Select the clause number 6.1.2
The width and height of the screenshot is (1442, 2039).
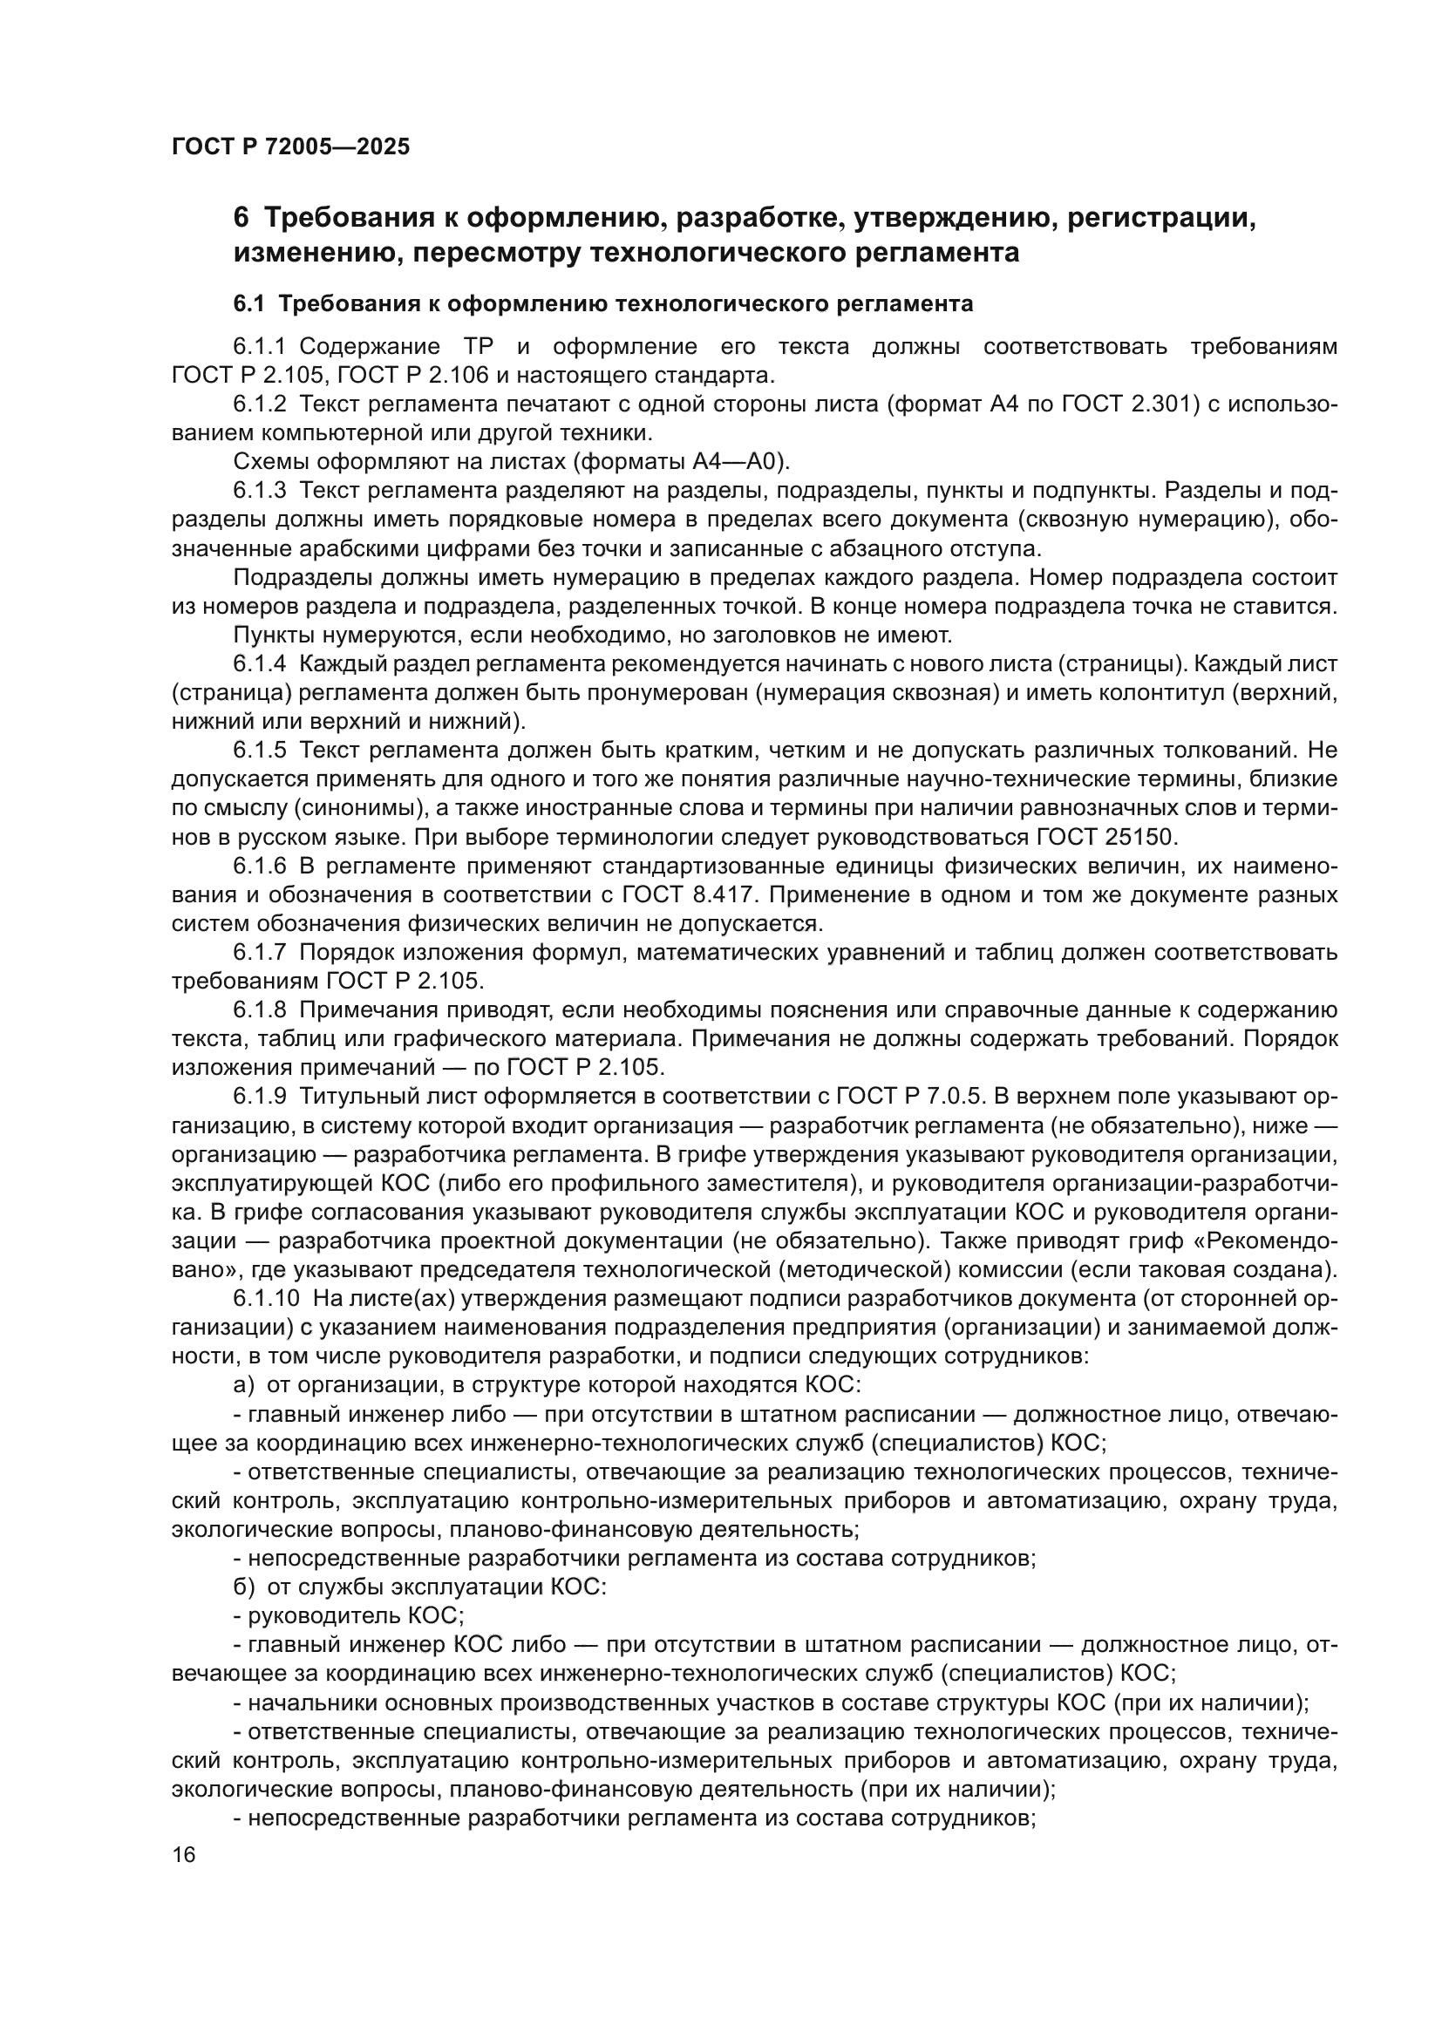260,405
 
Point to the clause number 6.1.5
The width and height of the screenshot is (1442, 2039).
260,751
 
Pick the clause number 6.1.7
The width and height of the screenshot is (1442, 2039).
260,953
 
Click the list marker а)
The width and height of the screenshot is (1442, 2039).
244,1386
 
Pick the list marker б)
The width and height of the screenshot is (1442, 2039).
244,1587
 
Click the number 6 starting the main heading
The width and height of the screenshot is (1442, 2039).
241,219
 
